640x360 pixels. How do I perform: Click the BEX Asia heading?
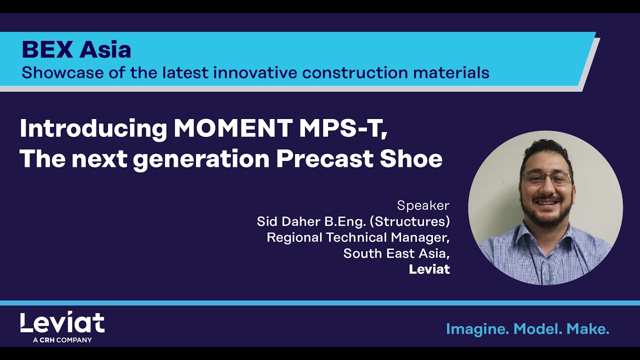(76, 49)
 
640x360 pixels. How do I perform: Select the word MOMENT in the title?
(232, 129)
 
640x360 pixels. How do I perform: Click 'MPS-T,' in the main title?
(343, 129)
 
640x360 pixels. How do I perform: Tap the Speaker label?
(423, 205)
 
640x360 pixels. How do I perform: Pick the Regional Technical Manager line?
(358, 237)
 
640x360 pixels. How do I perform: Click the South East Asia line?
(396, 253)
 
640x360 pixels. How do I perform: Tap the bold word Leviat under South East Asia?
(429, 269)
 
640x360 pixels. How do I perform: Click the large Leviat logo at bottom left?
(62, 323)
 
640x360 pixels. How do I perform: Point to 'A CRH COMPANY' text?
(62, 340)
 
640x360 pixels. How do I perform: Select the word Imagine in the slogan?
(477, 328)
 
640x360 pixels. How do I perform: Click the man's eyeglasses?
(546, 178)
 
